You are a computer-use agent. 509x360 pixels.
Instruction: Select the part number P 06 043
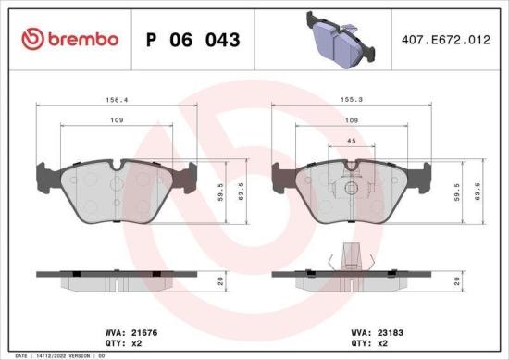(x=193, y=40)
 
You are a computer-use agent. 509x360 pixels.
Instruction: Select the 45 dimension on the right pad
(x=351, y=141)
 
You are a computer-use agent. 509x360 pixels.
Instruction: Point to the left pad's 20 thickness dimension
(x=221, y=279)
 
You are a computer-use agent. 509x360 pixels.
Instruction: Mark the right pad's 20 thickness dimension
(x=456, y=279)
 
